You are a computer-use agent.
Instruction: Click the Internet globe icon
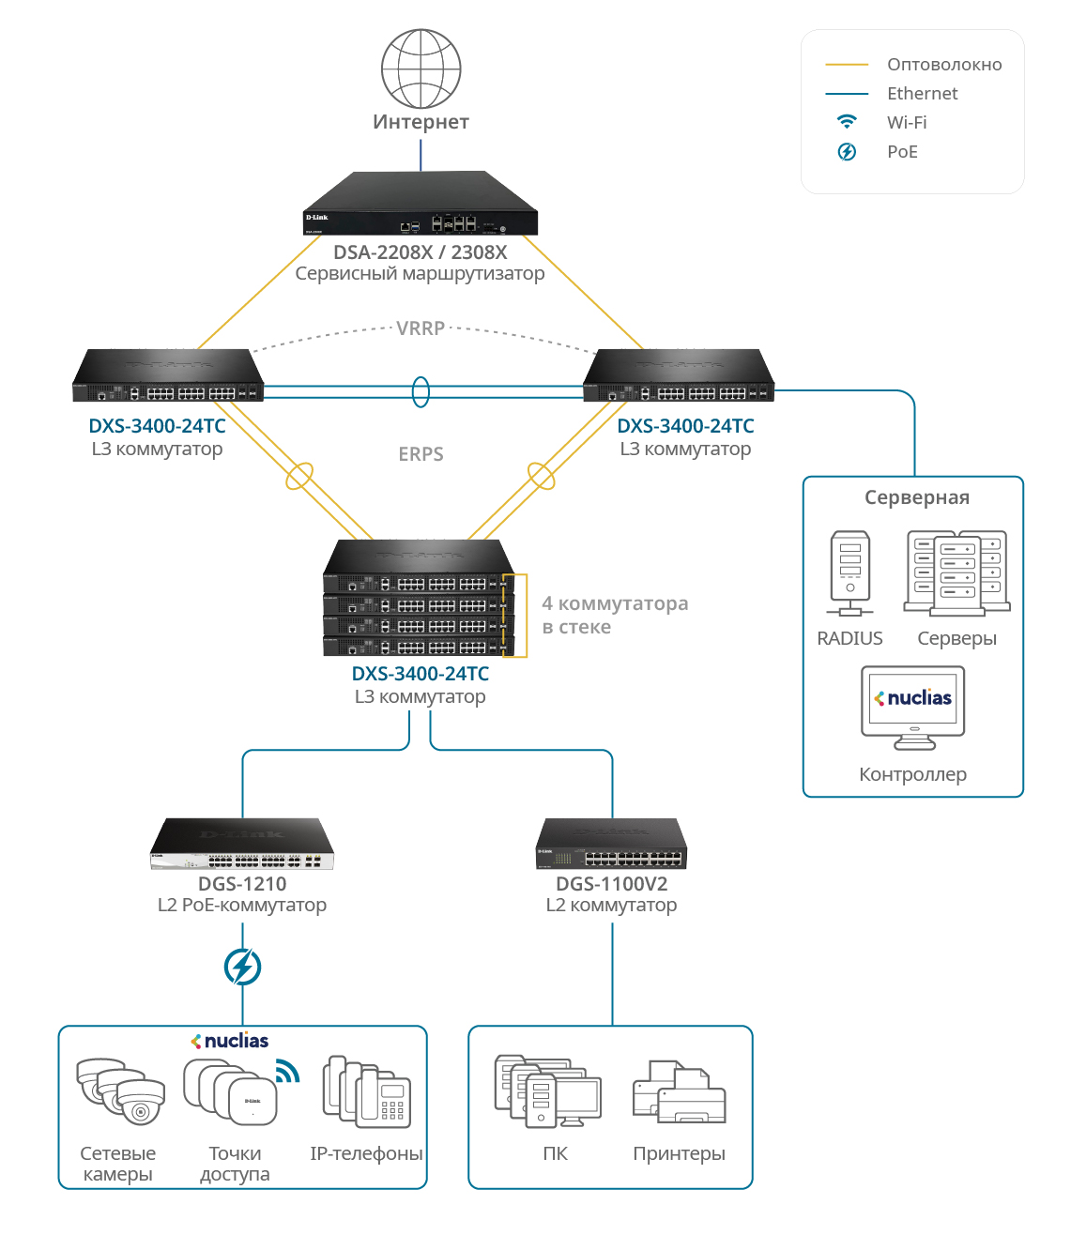click(421, 69)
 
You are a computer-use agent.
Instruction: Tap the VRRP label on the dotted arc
click(421, 328)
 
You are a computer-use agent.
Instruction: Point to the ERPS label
click(421, 454)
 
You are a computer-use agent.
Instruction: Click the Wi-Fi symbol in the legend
click(847, 122)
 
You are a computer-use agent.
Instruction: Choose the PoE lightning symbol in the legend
click(847, 152)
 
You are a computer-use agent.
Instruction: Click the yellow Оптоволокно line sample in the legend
click(847, 65)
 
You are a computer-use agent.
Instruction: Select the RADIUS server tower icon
click(850, 572)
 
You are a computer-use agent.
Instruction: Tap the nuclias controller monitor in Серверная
click(912, 707)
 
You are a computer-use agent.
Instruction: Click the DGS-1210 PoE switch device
click(242, 845)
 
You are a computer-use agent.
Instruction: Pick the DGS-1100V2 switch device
click(611, 845)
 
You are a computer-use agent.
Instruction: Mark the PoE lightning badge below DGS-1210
click(242, 967)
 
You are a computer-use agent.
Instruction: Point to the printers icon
click(679, 1093)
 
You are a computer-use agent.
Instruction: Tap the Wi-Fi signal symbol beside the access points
click(287, 1071)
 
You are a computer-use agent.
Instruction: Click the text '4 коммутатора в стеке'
click(615, 616)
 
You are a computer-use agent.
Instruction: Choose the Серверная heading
click(916, 497)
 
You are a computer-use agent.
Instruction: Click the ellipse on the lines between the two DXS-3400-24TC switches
click(421, 391)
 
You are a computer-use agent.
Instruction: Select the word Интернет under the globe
click(421, 122)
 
